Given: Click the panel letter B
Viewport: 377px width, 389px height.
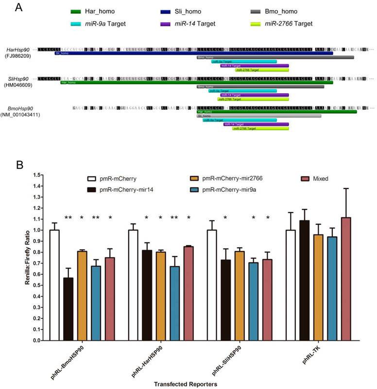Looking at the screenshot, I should pos(19,165).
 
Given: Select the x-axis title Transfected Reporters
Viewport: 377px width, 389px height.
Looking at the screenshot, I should pos(185,384).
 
